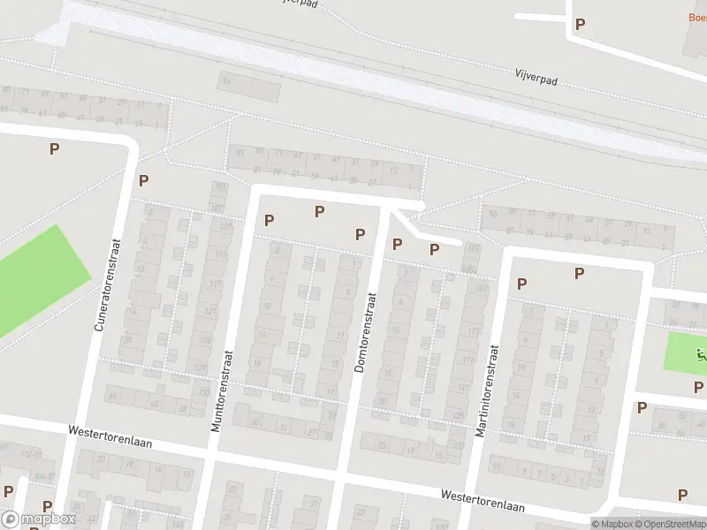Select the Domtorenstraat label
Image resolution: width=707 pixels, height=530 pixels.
[366, 325]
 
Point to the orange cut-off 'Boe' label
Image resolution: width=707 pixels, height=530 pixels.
[697, 17]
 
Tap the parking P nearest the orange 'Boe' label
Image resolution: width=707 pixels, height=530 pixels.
[580, 24]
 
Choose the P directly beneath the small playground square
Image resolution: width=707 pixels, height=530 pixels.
[699, 387]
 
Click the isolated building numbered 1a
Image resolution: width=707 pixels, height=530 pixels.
[226, 82]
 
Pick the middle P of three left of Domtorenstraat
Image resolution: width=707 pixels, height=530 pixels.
[320, 211]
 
